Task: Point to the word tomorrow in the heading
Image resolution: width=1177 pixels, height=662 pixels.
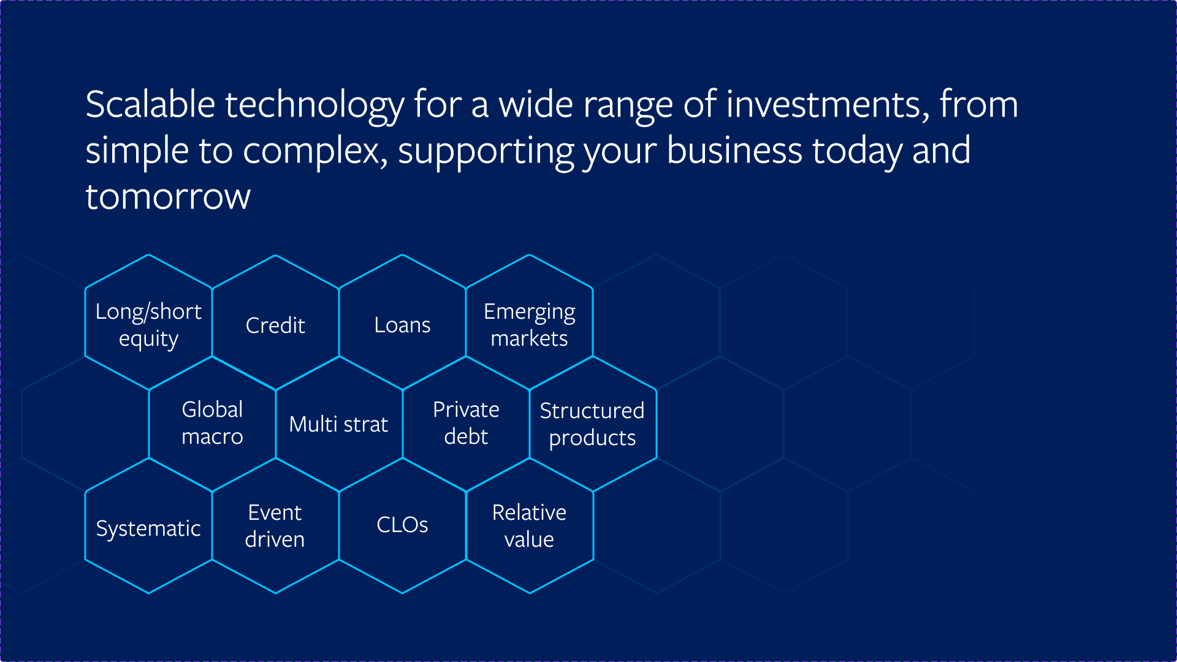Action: [168, 197]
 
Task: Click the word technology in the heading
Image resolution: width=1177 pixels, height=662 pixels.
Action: [315, 105]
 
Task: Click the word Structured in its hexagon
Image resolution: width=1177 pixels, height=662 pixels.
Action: [592, 411]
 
